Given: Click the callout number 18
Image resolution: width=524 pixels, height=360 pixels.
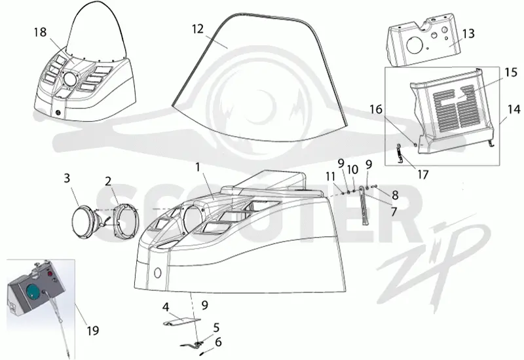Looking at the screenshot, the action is click(40, 32).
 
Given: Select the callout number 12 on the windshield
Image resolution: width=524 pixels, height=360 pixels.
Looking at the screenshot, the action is click(198, 29).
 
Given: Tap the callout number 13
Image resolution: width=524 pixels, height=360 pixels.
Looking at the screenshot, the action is click(468, 33).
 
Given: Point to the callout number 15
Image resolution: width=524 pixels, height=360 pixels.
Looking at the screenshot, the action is click(511, 72).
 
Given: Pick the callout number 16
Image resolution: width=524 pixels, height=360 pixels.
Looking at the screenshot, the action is click(376, 109).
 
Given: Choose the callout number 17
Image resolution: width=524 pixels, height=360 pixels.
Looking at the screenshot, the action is click(422, 174).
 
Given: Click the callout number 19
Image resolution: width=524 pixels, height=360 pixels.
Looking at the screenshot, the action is click(93, 331).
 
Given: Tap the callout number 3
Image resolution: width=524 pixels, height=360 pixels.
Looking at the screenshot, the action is click(67, 178).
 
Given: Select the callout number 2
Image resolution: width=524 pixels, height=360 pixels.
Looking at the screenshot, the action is click(107, 181).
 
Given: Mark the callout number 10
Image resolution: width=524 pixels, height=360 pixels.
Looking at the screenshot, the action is click(352, 170).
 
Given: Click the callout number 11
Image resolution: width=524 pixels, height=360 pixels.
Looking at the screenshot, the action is click(331, 177).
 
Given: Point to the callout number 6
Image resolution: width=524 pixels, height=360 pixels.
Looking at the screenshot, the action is click(218, 342).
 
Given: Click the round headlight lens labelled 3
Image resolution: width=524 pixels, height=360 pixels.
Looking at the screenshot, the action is click(82, 223).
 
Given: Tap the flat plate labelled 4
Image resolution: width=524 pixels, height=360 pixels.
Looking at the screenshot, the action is click(181, 321).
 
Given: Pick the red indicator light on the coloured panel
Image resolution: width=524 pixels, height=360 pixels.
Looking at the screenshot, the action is click(52, 274).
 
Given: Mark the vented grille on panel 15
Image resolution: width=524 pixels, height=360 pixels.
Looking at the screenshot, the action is click(454, 107).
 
